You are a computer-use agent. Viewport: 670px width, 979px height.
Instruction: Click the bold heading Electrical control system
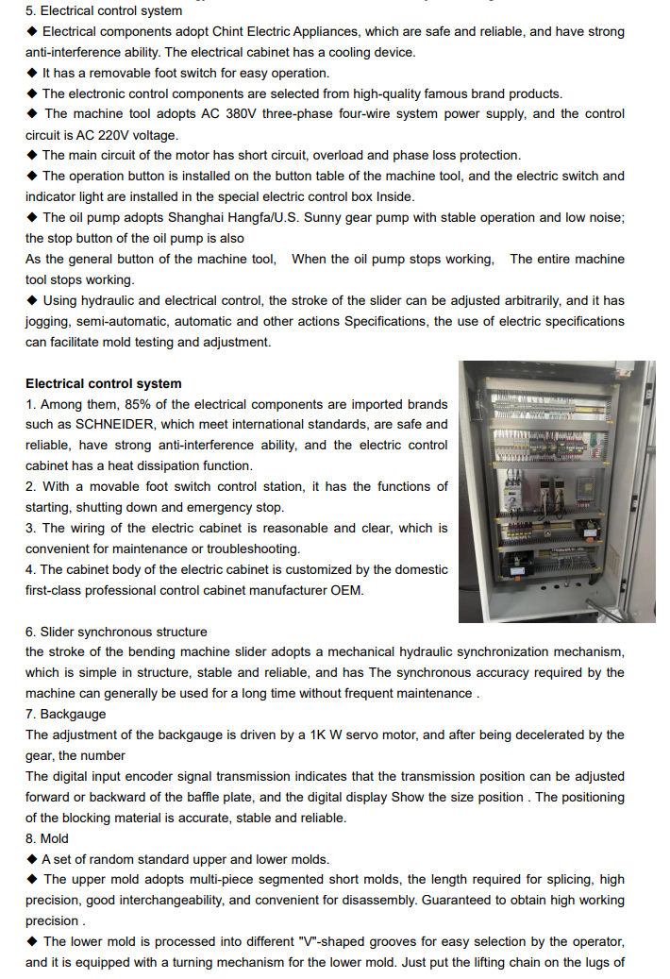[x=104, y=383]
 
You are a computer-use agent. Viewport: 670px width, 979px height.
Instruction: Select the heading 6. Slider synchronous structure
[x=116, y=632]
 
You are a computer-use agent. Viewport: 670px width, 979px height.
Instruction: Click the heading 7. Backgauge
[x=66, y=714]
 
